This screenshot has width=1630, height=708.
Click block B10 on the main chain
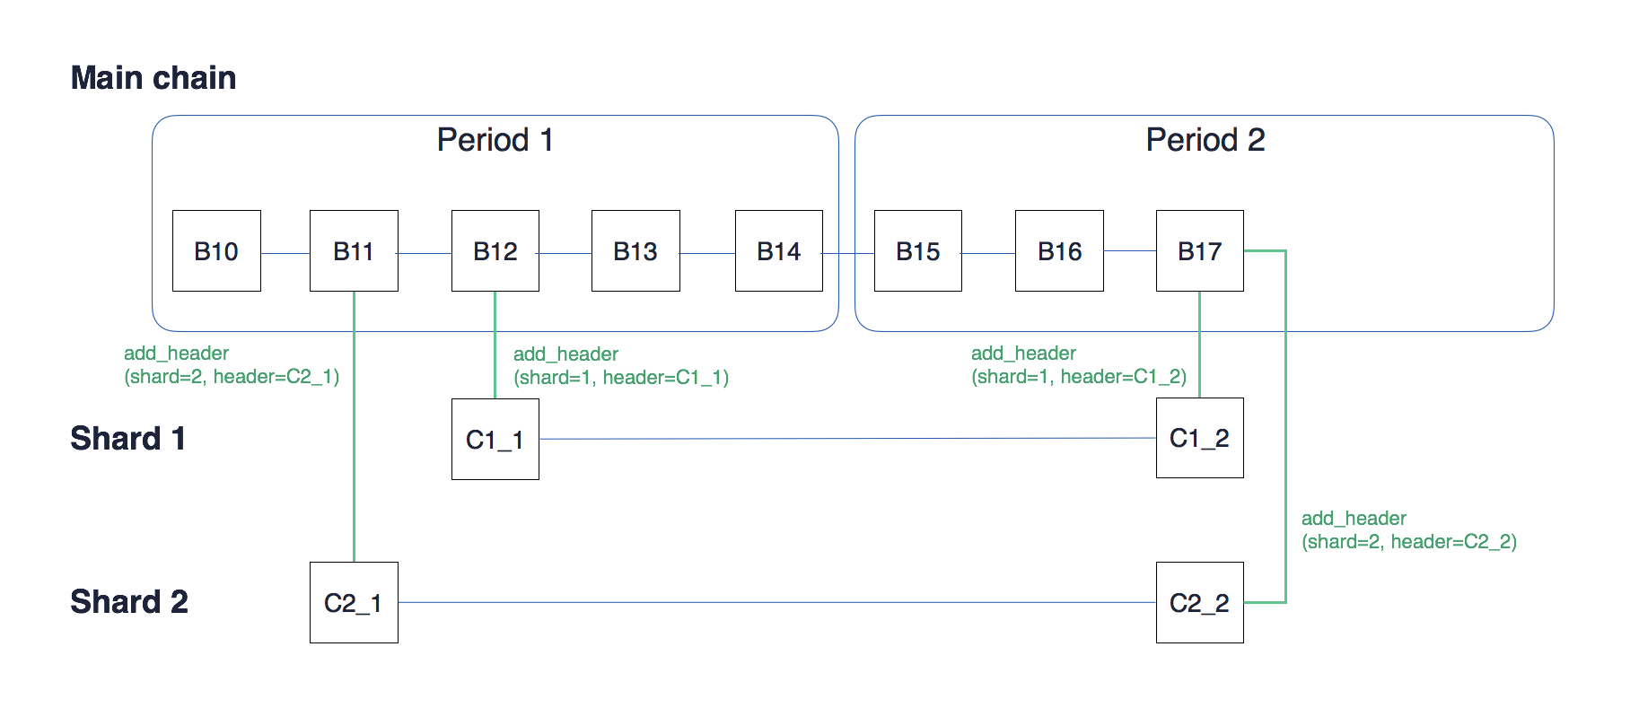point(216,251)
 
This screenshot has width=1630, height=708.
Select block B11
point(354,251)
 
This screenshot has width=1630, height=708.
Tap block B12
point(495,251)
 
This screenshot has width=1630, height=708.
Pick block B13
point(635,251)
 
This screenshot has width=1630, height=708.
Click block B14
point(778,251)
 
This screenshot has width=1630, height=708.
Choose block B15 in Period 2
point(917,251)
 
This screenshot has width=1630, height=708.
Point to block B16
point(1059,251)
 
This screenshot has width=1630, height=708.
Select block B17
point(1199,251)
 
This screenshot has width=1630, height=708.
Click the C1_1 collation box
point(495,440)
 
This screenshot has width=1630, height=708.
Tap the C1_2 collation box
point(1199,438)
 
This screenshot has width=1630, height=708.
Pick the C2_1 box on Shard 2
point(354,603)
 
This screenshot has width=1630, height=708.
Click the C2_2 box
point(1199,603)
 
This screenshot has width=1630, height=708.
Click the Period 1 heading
point(495,140)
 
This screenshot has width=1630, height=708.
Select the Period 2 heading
point(1205,140)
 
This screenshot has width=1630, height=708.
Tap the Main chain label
point(153,78)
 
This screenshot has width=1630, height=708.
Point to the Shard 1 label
point(127,438)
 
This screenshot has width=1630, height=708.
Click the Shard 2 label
point(129,601)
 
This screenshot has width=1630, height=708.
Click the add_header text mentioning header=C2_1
point(232,365)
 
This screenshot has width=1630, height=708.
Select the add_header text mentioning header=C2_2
point(1408,530)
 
